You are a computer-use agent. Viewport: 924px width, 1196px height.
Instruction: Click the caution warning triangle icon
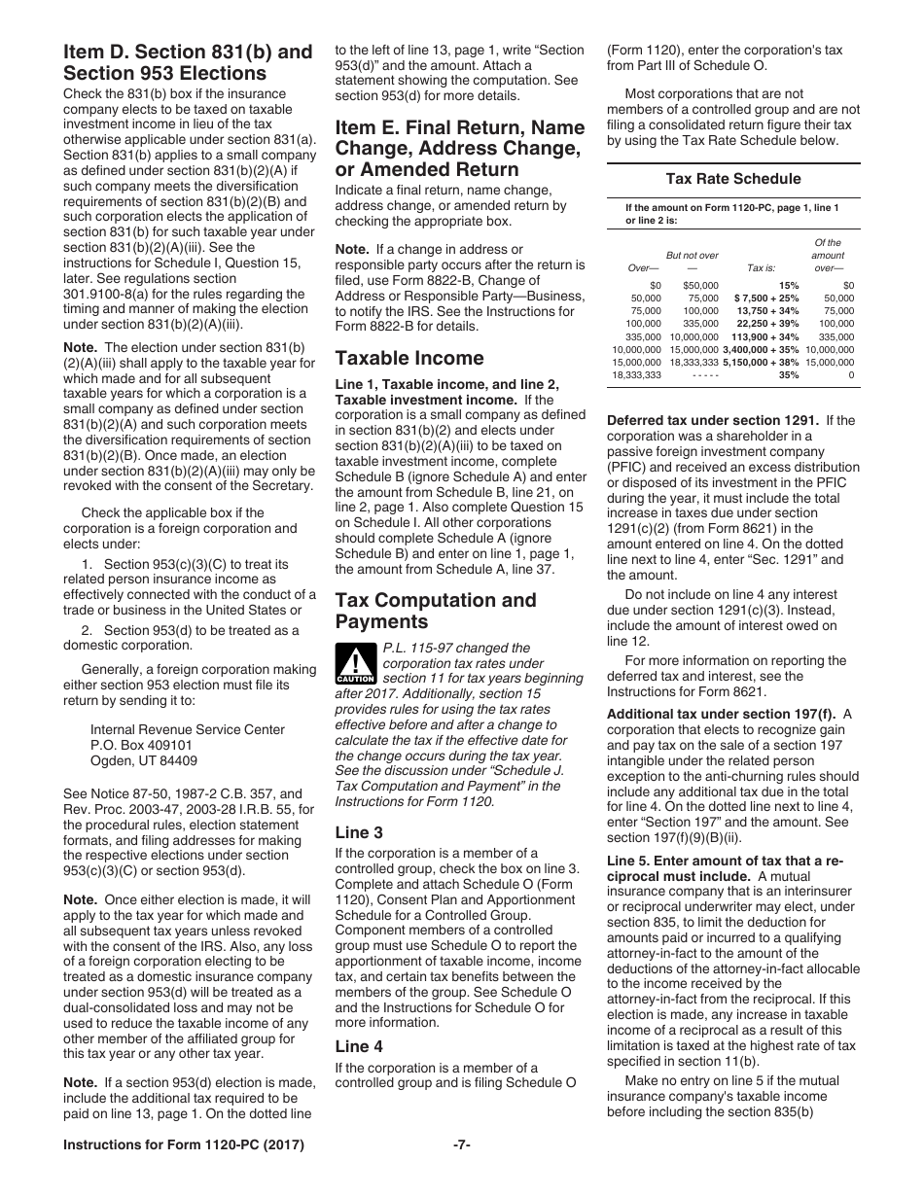coord(355,665)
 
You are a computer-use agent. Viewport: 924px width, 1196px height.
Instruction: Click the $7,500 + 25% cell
coord(766,299)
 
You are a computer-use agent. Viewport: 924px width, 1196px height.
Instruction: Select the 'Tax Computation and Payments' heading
coord(435,611)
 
